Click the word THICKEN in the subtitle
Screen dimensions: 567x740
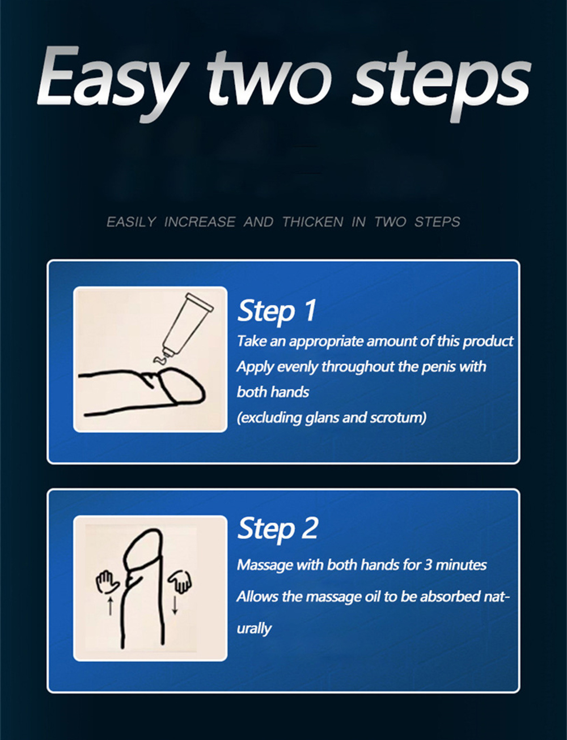pyautogui.click(x=313, y=222)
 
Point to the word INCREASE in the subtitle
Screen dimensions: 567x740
pyautogui.click(x=200, y=222)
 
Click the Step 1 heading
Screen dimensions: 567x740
pyautogui.click(x=277, y=311)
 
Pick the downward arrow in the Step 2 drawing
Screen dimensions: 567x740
pyautogui.click(x=175, y=604)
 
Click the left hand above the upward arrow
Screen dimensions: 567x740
pyautogui.click(x=107, y=582)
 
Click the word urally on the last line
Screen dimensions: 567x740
pyautogui.click(x=254, y=628)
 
